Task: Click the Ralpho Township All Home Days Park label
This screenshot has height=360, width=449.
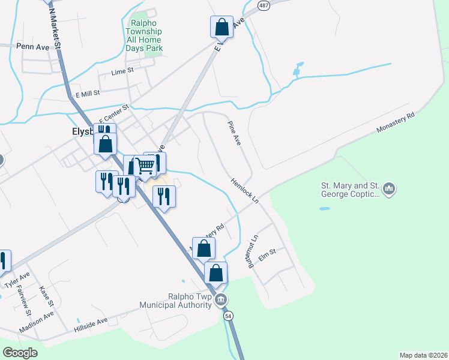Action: (144, 37)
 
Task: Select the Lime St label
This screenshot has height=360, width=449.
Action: (122, 72)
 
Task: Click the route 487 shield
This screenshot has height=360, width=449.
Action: (264, 4)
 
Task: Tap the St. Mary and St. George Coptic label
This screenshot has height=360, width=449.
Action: (351, 190)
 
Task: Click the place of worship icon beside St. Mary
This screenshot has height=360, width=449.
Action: (390, 190)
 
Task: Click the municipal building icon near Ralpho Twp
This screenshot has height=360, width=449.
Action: (220, 299)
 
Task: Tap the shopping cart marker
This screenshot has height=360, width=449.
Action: (145, 166)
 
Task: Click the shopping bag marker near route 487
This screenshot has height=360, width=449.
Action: (221, 26)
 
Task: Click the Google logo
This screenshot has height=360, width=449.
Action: (20, 352)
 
